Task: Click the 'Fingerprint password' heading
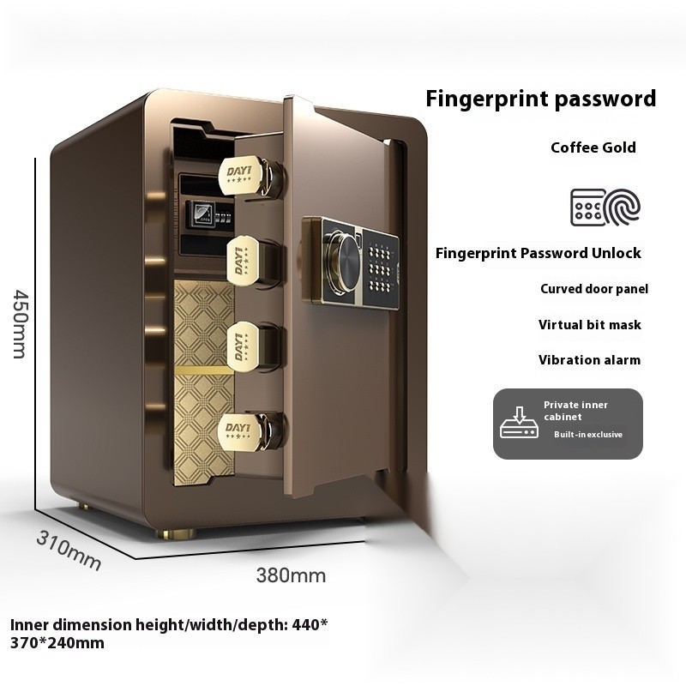pyautogui.click(x=541, y=98)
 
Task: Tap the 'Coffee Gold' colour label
pyautogui.click(x=593, y=147)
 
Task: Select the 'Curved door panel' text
pyautogui.click(x=593, y=289)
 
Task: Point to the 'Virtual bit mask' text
pyautogui.click(x=589, y=325)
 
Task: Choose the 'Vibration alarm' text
pyautogui.click(x=589, y=360)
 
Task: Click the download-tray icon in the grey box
pyautogui.click(x=520, y=424)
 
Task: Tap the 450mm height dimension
pyautogui.click(x=19, y=310)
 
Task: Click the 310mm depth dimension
pyautogui.click(x=68, y=550)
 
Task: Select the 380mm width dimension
pyautogui.click(x=291, y=575)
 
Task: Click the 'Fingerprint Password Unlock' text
pyautogui.click(x=538, y=253)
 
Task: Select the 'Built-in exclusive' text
pyautogui.click(x=587, y=435)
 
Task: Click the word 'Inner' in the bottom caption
pyautogui.click(x=28, y=624)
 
